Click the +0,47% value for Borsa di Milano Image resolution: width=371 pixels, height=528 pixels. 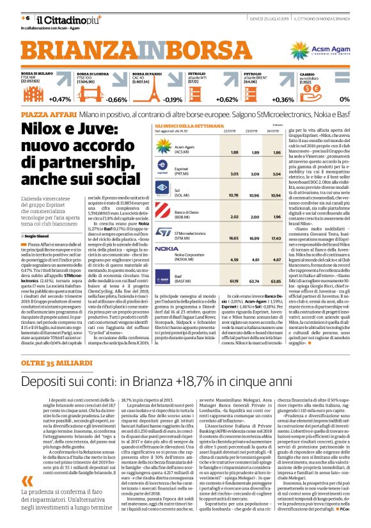click(61, 100)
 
